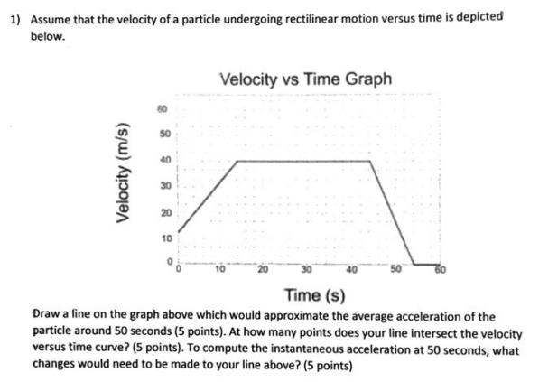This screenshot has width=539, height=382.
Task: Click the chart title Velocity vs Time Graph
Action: coord(306,79)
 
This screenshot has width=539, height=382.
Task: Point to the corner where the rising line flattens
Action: coord(237,161)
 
